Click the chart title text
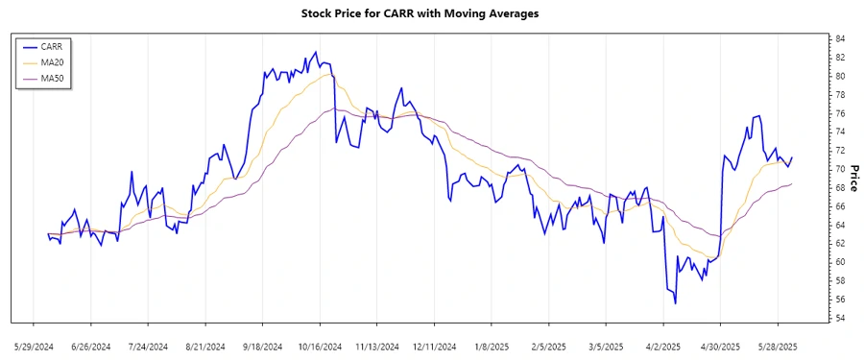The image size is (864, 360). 431,14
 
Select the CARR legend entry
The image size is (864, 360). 52,46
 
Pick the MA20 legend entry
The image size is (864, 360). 53,62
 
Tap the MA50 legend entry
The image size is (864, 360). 53,78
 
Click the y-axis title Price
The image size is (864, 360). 853,178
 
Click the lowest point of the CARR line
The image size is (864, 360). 675,303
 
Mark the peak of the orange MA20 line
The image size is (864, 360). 328,74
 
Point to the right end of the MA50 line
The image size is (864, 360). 792,183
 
